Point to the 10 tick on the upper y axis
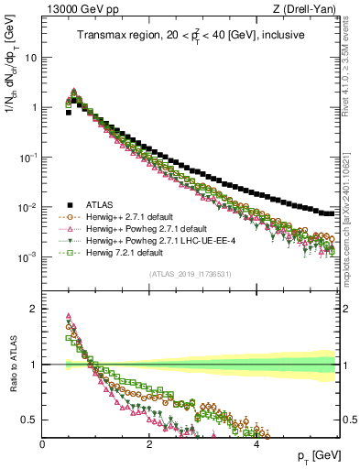32,57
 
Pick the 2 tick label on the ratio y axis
35,308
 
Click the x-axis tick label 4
256,442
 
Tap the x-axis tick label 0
43,442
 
